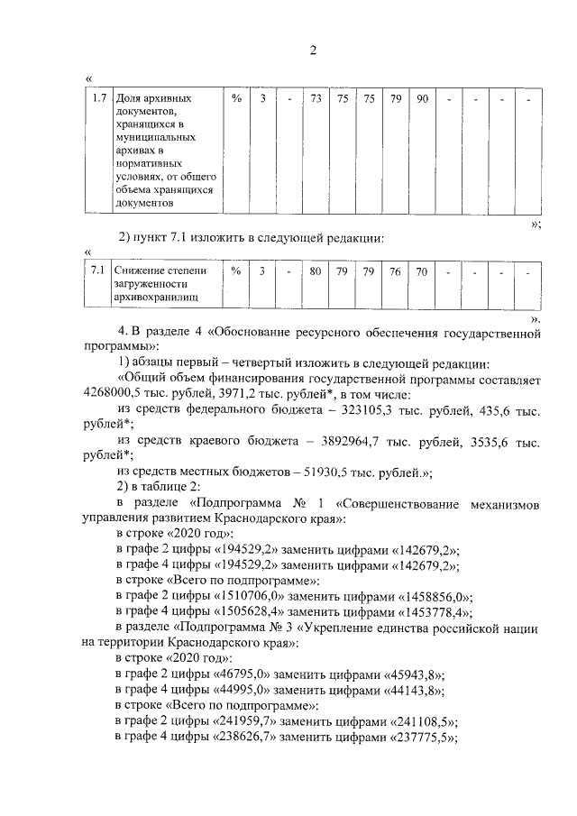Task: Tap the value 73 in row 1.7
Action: [x=316, y=97]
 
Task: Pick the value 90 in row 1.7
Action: [x=421, y=97]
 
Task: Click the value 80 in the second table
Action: [x=316, y=270]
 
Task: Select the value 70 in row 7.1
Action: [x=421, y=270]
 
